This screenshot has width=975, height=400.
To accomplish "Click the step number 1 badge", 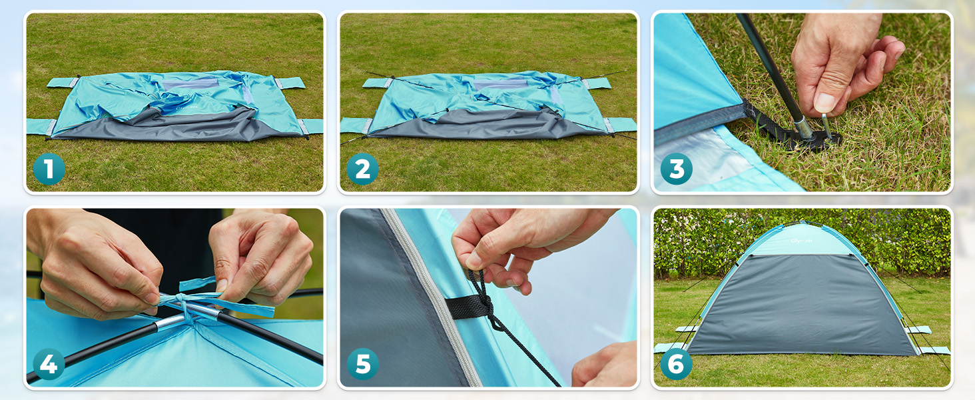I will coord(49,169).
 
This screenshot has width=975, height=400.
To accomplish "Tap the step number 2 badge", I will coord(363,169).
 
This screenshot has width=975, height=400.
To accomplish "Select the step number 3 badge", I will coord(677,169).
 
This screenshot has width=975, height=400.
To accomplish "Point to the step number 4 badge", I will coord(49,365).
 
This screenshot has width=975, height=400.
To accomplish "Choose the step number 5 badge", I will coord(363,365).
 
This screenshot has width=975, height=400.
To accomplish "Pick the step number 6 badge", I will coord(677,365).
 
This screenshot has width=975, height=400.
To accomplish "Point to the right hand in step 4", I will coord(263,257).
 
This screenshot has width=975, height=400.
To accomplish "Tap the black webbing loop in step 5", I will coord(466,307).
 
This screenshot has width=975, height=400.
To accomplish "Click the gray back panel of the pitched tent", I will coord(799,307).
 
